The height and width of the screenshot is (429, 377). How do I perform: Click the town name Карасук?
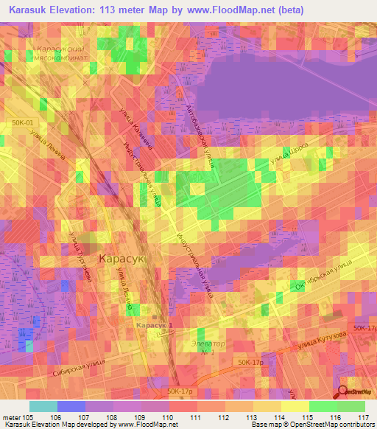click(123, 260)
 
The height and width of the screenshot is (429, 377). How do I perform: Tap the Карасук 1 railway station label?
click(154, 325)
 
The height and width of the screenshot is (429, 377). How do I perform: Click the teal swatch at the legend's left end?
click(43, 406)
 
